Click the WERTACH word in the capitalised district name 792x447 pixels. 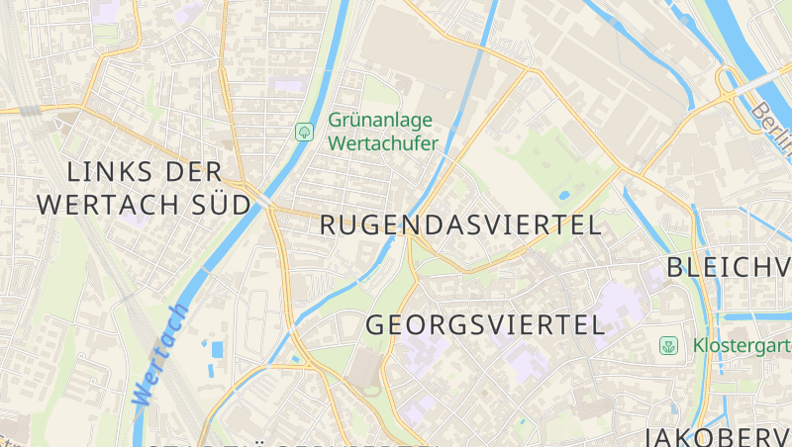(118, 206)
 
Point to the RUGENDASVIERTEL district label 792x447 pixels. (460, 225)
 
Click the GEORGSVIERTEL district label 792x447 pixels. (485, 324)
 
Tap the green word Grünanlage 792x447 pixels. (380, 121)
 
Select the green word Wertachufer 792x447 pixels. (382, 142)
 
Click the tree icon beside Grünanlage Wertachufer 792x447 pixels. (304, 132)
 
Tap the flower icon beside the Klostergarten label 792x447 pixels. (669, 345)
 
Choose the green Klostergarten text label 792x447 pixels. (741, 346)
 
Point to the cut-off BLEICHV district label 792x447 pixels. (729, 267)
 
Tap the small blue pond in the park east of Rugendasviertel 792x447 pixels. (564, 195)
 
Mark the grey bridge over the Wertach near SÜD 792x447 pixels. (265, 201)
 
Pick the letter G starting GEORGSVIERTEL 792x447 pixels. (377, 324)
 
